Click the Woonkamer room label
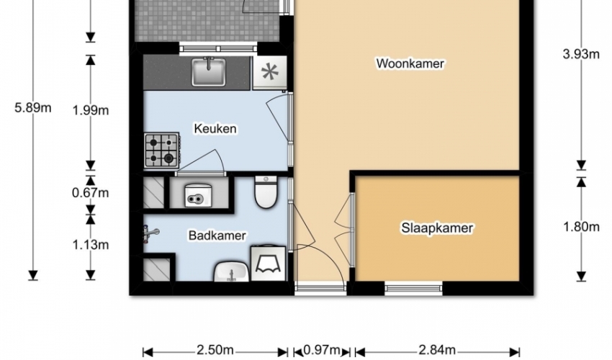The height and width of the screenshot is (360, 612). (410, 63)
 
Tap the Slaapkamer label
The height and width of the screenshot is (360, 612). (437, 228)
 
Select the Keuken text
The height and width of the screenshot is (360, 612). (215, 128)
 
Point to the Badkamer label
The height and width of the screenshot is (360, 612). (217, 235)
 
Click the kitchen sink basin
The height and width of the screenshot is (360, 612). (209, 72)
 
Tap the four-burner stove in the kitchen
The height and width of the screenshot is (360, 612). (162, 150)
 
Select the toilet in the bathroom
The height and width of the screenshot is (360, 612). (266, 192)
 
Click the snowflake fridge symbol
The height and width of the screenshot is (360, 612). (270, 72)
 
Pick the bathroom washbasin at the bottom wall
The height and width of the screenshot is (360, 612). (231, 271)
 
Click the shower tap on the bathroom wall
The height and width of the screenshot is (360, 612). (150, 233)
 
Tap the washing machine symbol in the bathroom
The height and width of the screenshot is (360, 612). (268, 264)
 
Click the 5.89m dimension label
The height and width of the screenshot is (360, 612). (33, 108)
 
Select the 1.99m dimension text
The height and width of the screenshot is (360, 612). (91, 110)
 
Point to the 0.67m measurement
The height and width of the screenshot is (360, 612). (91, 193)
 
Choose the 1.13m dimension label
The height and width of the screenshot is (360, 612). (91, 245)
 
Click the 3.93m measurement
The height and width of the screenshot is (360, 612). (581, 54)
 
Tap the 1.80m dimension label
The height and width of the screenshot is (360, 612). (581, 227)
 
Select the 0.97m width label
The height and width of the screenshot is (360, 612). (321, 350)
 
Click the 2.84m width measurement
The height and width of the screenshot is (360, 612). (437, 350)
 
